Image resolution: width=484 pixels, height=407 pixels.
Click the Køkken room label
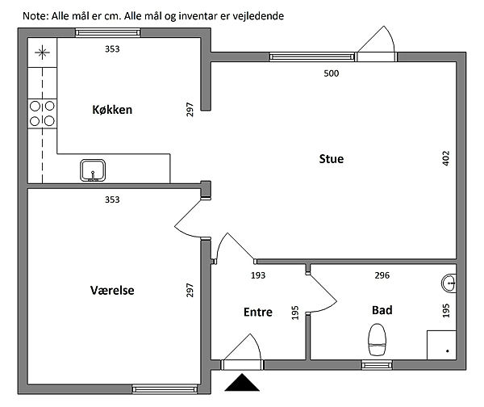coord(112,110)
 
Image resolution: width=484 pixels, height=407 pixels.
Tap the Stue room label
coord(331,159)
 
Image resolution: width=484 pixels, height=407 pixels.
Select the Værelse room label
coord(111,292)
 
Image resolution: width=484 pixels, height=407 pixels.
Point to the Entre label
coord(258,312)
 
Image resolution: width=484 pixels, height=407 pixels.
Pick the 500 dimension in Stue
coord(331,73)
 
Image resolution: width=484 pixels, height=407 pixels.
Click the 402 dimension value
coord(446,158)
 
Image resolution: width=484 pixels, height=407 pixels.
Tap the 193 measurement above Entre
coord(259,275)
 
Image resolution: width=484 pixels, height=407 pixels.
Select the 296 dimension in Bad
coord(382,275)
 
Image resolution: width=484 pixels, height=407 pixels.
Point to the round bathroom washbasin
coord(449,283)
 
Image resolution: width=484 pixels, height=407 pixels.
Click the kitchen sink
coord(94,170)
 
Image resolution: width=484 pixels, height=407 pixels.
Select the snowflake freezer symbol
coord(41,53)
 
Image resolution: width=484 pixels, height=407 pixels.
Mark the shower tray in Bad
coord(440,345)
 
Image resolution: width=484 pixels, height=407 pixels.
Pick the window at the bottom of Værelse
coord(158,389)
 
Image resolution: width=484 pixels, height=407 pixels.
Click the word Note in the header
coord(35,15)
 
